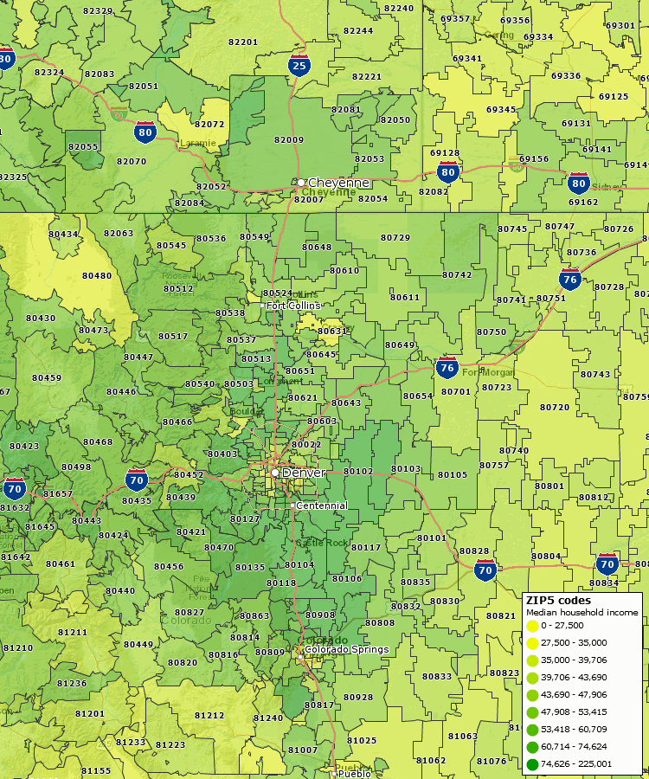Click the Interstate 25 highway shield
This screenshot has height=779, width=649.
pos(299,64)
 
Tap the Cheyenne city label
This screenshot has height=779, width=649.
pos(338,183)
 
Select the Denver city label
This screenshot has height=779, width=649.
pos(303,473)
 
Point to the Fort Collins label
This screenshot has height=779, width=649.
pos(292,306)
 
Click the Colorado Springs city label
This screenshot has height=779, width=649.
pos(346,649)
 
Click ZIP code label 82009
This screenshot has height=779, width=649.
pos(289,139)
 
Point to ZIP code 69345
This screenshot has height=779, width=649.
pos(501,110)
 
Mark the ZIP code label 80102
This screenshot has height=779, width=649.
pos(358,471)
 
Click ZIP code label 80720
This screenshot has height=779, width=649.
pos(555,407)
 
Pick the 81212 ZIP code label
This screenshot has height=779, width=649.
pos(209,716)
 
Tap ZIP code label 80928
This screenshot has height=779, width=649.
pos(358,697)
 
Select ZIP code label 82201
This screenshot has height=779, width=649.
pos(243,42)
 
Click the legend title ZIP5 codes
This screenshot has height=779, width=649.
pos(558,600)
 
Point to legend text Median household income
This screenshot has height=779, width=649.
pos(582,613)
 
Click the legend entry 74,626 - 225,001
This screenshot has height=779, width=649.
pos(575,764)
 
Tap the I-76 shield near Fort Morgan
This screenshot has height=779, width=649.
pos(447,366)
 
